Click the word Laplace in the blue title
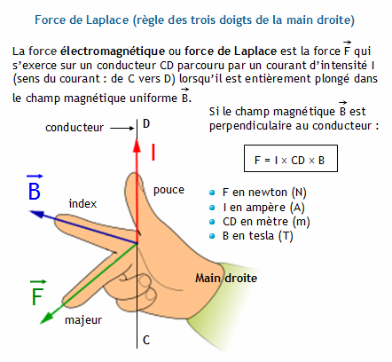tap(107, 20)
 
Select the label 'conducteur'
tap(74, 128)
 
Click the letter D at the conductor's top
tap(146, 123)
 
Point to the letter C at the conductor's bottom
tap(146, 340)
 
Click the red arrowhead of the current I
tap(137, 146)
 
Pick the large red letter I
tap(153, 152)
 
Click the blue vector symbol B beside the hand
tap(35, 188)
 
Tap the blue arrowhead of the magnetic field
tap(37, 214)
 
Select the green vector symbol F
tap(38, 294)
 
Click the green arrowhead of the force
tap(47, 318)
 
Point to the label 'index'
tap(82, 203)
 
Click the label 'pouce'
tap(169, 190)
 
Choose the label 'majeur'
tap(83, 320)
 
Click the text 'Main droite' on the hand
tap(226, 278)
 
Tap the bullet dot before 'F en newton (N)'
tap(212, 193)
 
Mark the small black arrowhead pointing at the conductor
tap(131, 128)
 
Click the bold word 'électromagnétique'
tap(113, 51)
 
